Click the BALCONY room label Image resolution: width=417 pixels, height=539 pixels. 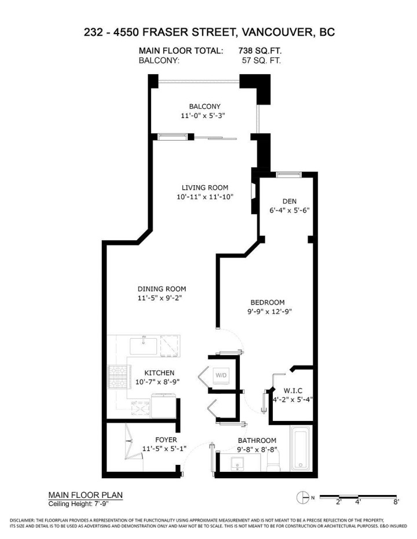(204, 107)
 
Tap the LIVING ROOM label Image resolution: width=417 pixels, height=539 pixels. (204, 188)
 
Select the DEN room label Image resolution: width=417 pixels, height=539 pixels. (290, 201)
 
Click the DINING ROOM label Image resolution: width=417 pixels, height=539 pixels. (162, 289)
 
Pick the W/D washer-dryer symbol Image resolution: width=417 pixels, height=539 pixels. (221, 375)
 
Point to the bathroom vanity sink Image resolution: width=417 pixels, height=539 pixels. (237, 465)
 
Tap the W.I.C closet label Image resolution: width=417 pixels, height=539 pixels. (292, 390)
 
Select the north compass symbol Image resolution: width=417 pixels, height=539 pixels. (302, 497)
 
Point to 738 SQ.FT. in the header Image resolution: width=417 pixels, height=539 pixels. (259, 51)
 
